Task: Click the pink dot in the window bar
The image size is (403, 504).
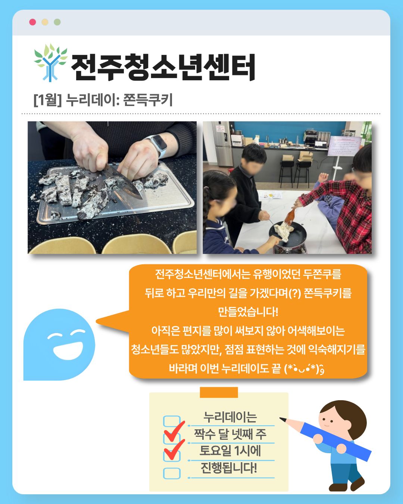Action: (x=32, y=22)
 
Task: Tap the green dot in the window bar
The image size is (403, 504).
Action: (x=57, y=22)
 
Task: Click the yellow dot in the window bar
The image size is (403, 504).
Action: (x=45, y=22)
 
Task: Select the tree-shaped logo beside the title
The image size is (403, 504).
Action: (x=50, y=63)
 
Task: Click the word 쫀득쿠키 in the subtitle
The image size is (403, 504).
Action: (x=148, y=100)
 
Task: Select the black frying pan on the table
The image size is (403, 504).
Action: (x=288, y=234)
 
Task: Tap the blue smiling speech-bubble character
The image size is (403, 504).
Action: (x=59, y=345)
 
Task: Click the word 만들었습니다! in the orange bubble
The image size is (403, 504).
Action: (x=248, y=312)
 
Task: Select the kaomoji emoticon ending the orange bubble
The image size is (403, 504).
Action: (x=304, y=369)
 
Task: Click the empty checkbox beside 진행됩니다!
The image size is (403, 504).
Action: (x=172, y=473)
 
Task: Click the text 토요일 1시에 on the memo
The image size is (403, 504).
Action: (x=230, y=451)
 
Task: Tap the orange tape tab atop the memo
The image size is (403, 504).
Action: (x=219, y=392)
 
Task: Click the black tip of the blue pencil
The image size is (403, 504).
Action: (x=282, y=419)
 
